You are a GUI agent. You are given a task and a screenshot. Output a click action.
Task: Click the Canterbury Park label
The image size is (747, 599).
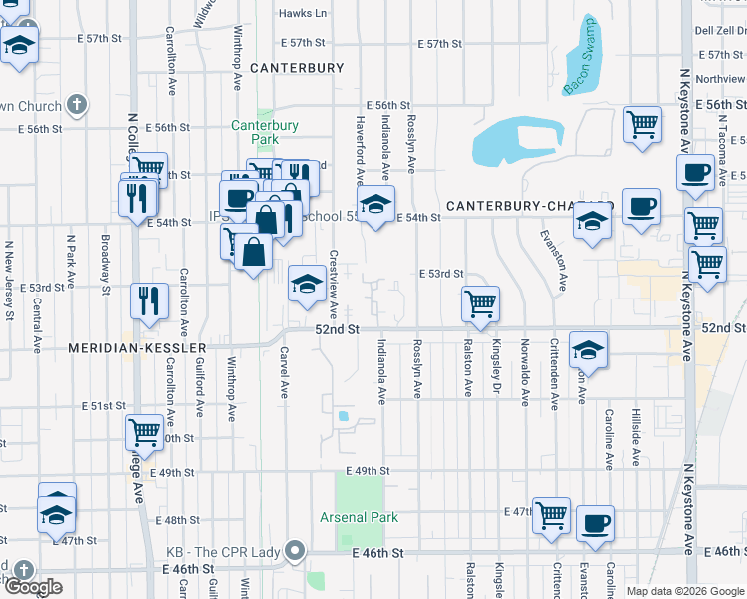click(265, 132)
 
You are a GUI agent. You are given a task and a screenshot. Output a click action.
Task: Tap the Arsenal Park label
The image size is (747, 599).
click(359, 517)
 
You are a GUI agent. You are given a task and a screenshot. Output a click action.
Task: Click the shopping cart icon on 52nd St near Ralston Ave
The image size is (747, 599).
click(481, 302)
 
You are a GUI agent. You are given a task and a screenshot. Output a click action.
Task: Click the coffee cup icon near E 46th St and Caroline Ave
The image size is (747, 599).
click(595, 523)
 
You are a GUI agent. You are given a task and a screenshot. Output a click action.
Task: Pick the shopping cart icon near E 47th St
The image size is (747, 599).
click(551, 515)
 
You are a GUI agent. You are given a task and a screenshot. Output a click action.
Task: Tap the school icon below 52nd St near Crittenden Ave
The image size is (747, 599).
click(589, 351)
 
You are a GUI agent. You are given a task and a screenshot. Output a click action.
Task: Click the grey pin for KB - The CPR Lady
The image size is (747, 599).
click(295, 550)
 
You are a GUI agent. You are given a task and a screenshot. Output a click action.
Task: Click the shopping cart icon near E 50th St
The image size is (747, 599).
click(144, 432)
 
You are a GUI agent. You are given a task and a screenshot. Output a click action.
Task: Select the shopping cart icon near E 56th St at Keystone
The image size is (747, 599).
click(643, 125)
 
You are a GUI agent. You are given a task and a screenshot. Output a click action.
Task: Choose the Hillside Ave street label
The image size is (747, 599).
click(635, 436)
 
